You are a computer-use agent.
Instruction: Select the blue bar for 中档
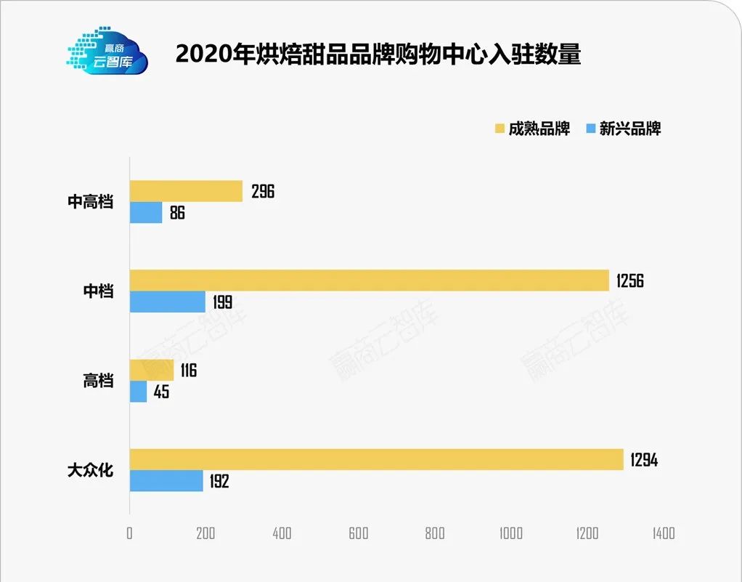(168, 302)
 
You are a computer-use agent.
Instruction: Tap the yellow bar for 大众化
(376, 459)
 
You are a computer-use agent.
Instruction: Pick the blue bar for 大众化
(166, 480)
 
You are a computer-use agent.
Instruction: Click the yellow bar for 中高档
(186, 192)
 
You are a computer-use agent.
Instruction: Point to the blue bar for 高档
(138, 392)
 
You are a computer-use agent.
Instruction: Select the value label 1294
(644, 460)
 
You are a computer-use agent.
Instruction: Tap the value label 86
(177, 213)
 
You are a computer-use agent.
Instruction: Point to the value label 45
(162, 392)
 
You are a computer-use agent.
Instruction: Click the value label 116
(188, 371)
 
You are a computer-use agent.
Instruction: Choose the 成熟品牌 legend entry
(532, 129)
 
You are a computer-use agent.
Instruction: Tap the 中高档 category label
(91, 202)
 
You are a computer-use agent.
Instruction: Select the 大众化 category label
(91, 470)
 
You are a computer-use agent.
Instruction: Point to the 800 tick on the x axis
(434, 533)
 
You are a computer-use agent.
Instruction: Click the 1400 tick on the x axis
(663, 533)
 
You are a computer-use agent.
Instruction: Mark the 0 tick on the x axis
(130, 533)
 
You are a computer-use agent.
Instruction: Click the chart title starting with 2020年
(378, 54)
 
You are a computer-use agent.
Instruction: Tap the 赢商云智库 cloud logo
(107, 52)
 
